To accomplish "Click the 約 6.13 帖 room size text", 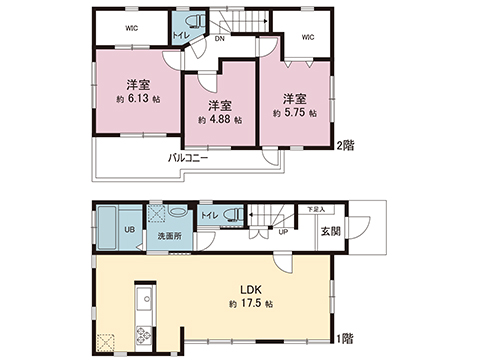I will [x=136, y=101].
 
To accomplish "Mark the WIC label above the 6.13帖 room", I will [x=131, y=28].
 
